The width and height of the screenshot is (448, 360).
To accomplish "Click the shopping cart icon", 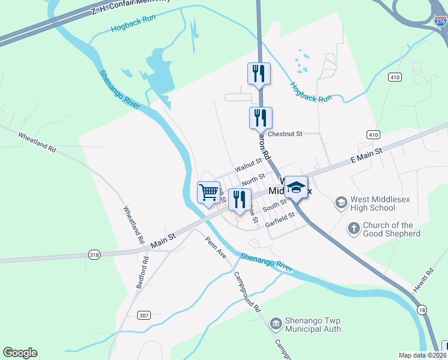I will tap(208, 193).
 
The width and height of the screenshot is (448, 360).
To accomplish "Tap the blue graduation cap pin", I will tap(296, 187).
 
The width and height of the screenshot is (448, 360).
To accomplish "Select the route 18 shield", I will tap(423, 309).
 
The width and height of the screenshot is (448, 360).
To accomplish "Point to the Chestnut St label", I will tap(286, 134).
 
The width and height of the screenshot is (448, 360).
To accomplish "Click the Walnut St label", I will tap(249, 163).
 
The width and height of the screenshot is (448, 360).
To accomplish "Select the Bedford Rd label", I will tap(143, 272).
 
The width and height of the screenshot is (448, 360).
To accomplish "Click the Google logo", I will tap(20, 353).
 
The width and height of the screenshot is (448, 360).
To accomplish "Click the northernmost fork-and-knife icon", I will tap(259, 74).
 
